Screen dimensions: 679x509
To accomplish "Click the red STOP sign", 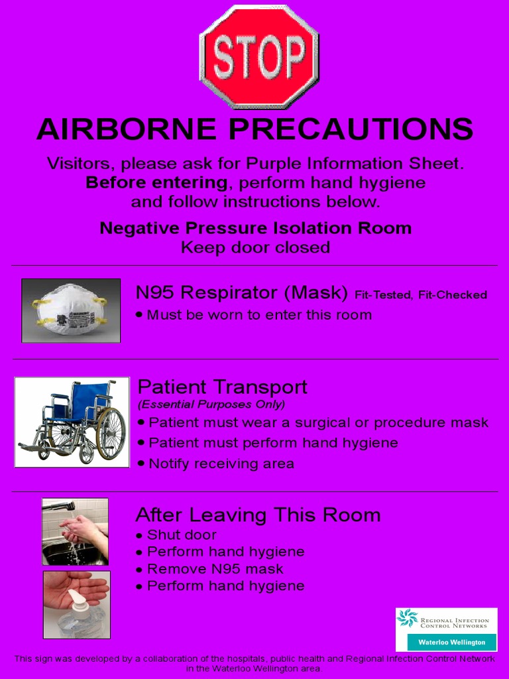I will [259, 56].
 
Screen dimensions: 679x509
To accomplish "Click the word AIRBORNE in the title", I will [127, 129].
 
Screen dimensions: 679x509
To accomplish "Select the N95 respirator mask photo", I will [71, 310].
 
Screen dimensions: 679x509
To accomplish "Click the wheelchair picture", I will [72, 422].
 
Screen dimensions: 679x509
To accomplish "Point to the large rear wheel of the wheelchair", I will [110, 433].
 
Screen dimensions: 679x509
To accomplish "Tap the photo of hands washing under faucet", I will [75, 531].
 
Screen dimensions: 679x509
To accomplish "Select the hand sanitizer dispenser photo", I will [76, 605].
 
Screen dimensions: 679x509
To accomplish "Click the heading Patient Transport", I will [222, 387].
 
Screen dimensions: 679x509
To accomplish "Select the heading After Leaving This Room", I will [258, 515].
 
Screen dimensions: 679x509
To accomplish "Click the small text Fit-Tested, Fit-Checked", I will [421, 295].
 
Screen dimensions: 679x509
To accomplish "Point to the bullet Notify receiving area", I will [221, 463].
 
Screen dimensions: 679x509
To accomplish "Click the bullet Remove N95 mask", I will [215, 569].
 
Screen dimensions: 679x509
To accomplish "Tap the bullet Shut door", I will [181, 534].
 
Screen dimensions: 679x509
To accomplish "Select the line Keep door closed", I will [255, 247].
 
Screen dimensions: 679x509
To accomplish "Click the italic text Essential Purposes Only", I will [211, 404].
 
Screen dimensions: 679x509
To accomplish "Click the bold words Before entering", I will [156, 182].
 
